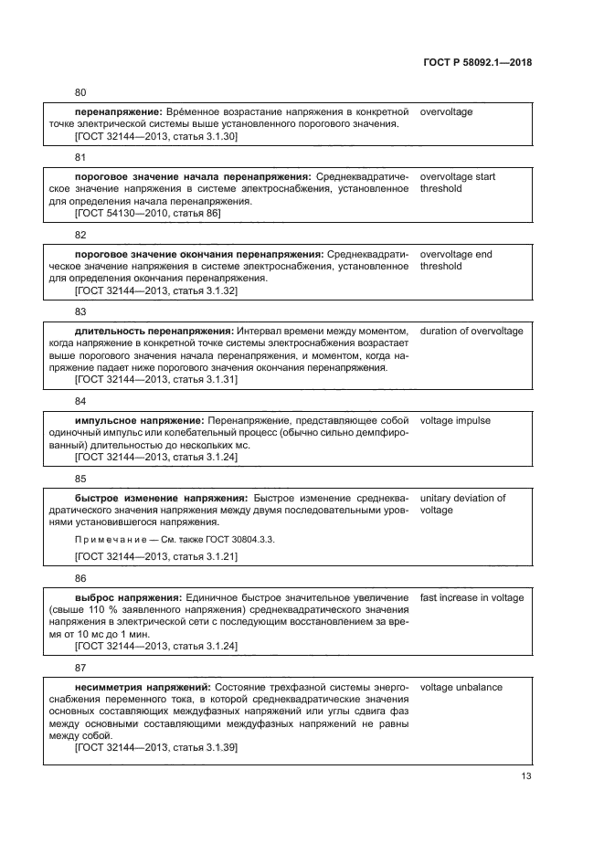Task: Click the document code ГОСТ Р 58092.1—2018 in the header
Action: (x=478, y=63)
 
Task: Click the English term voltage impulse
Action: (x=454, y=421)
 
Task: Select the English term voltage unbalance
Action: (x=461, y=687)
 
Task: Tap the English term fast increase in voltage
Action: (x=472, y=598)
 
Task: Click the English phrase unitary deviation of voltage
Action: (x=461, y=504)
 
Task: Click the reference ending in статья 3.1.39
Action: (x=155, y=746)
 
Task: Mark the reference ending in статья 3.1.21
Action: (x=155, y=555)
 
